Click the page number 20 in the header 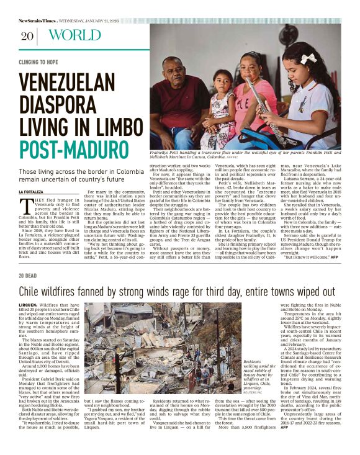click(x=27, y=35)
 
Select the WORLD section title click(x=74, y=35)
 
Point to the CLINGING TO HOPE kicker click(x=39, y=63)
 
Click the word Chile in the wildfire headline click(x=32, y=292)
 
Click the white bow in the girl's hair click(x=308, y=58)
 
